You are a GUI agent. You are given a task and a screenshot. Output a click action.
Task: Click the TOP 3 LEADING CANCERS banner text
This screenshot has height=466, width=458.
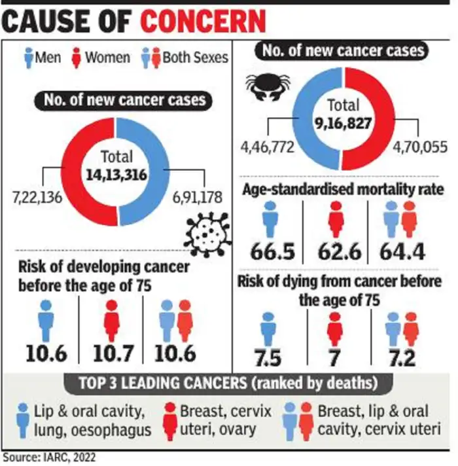pyautogui.click(x=228, y=383)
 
